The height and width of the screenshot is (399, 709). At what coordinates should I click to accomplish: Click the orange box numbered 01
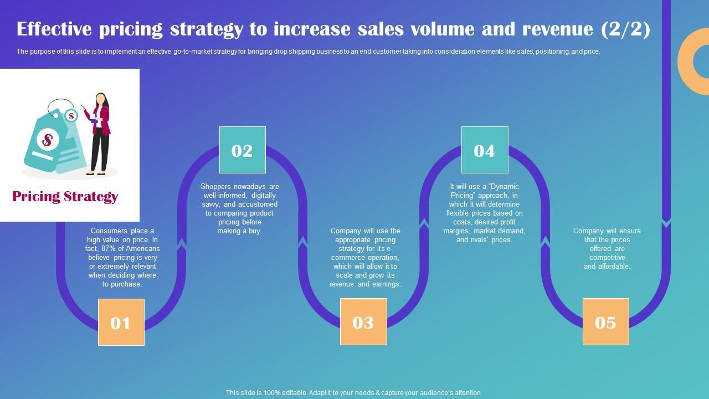[x=121, y=322]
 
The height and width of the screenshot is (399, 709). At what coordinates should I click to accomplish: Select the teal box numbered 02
[x=242, y=150]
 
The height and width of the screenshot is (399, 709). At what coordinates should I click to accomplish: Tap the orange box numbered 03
[x=363, y=321]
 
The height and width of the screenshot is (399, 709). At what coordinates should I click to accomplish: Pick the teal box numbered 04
[x=485, y=150]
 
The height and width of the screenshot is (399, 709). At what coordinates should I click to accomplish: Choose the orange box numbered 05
[x=605, y=321]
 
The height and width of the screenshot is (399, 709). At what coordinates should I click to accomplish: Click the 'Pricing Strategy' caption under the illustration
[x=65, y=197]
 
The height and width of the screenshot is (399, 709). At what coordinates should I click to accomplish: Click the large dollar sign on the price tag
[x=48, y=140]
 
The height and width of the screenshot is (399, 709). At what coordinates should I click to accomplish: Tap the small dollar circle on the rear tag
[x=71, y=116]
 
